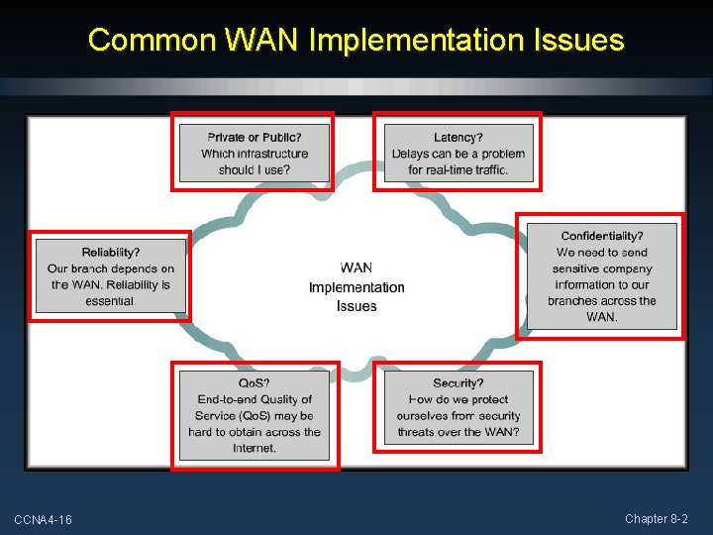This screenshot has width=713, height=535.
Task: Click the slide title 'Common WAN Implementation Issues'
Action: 356,41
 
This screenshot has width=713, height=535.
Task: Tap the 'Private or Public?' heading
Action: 255,138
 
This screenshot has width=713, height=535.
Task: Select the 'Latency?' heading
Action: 458,138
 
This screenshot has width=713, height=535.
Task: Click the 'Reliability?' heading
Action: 111,253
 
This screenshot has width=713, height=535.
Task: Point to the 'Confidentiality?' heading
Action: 602,236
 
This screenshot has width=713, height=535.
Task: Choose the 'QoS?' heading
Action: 255,383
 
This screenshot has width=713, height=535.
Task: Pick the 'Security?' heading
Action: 458,383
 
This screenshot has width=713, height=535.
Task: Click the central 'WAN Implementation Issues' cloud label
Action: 356,287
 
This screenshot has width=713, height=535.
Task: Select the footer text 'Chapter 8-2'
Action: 657,519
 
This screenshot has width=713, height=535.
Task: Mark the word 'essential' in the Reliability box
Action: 110,301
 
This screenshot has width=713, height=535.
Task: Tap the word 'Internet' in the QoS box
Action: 255,449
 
